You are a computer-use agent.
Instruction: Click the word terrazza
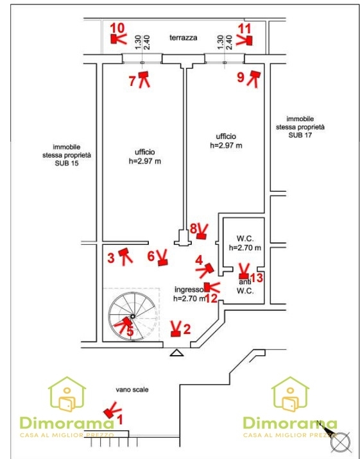click(x=183, y=38)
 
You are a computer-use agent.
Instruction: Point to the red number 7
click(x=132, y=81)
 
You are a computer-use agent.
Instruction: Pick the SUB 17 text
click(x=300, y=135)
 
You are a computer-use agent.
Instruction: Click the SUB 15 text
click(x=67, y=163)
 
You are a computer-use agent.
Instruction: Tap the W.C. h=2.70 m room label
click(x=245, y=243)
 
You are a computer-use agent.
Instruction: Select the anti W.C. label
click(x=245, y=287)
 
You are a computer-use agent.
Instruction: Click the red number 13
click(x=257, y=278)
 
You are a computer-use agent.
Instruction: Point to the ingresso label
click(x=189, y=290)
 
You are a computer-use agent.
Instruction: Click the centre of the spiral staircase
click(x=133, y=316)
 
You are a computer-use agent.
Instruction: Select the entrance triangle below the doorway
click(x=176, y=353)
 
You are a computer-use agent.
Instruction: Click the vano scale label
click(x=132, y=390)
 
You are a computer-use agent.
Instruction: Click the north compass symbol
click(x=340, y=441)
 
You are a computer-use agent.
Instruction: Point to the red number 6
click(x=151, y=256)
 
